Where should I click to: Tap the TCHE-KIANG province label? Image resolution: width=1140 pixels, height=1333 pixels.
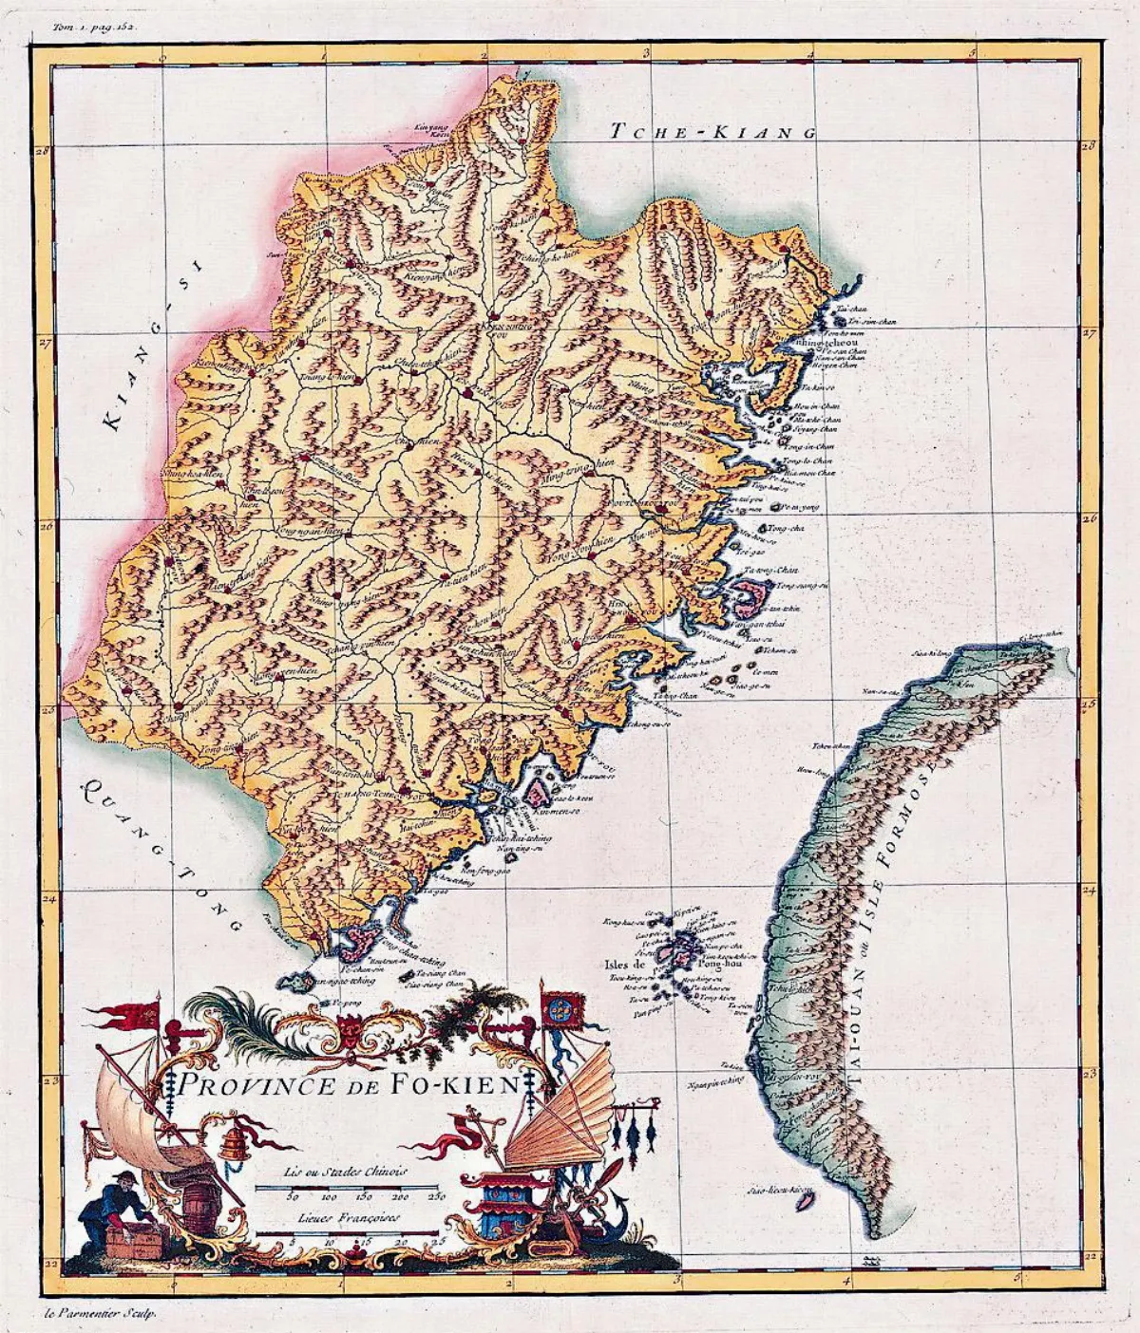coord(713,132)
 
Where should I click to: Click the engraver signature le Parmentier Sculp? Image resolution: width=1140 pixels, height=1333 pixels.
coord(99,1313)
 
